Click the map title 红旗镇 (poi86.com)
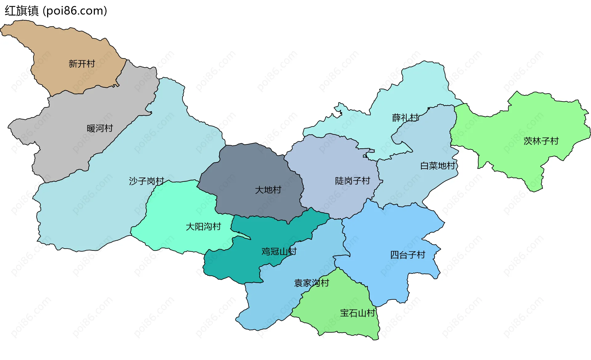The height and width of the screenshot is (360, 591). pos(56,11)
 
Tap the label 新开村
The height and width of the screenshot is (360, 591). pos(82,64)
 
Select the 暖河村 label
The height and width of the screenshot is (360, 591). pos(100,128)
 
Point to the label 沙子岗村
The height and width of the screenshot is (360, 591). pos(147,181)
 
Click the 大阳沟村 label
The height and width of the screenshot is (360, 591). pos(203,227)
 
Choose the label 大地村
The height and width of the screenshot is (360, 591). pos(268,190)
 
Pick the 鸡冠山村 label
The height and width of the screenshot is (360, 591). pos(279,251)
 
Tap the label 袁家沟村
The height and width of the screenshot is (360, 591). pos(312,283)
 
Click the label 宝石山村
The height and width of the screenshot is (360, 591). pos(357,313)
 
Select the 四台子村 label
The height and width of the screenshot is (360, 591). pos(408,255)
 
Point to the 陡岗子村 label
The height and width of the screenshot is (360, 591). pos(352,181)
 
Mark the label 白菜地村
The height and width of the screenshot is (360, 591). pos(438,166)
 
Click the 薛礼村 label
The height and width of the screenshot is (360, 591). pos(405,118)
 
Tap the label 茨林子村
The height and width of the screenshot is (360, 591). pos(541,141)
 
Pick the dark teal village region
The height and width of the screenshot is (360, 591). pos(234,265)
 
